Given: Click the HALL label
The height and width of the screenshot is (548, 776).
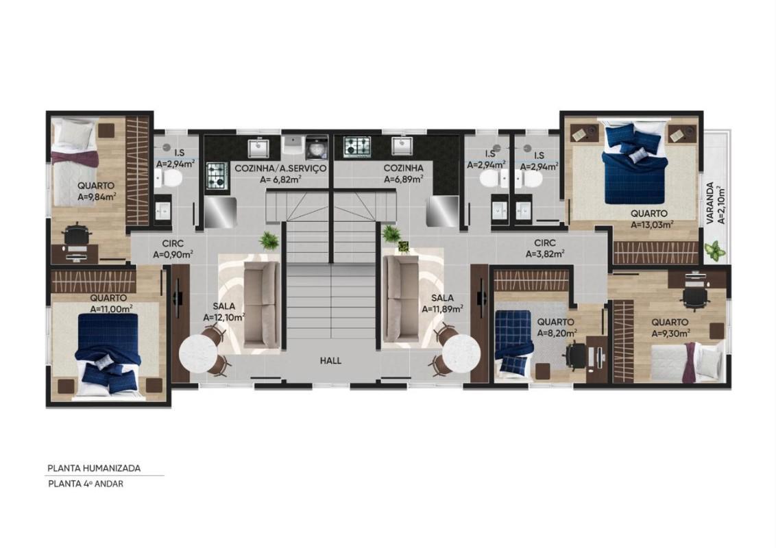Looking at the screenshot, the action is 330,360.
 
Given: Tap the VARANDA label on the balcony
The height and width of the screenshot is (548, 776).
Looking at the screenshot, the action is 710,203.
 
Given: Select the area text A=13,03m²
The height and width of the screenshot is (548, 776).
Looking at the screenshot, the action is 652,224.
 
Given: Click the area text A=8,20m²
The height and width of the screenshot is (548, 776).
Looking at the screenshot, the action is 557,333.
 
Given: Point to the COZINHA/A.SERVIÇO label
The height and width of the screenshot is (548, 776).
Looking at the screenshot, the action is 280,168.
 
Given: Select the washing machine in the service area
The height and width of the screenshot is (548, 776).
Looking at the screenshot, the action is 316,147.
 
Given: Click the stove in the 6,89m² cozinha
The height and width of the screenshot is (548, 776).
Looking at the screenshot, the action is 357,147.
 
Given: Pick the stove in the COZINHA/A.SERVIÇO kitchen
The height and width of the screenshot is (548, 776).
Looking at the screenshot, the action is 217,176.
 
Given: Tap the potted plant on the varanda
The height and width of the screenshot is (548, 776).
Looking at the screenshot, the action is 714,250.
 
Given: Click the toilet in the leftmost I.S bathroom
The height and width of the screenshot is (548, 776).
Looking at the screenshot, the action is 168,178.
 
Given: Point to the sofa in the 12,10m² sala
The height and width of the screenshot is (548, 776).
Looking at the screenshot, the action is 263,303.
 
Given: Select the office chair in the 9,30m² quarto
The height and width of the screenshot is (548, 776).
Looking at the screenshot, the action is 694,297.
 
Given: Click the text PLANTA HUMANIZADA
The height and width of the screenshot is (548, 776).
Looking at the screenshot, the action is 94,468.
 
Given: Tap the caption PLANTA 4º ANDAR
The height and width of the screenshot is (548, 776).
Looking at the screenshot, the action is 86,484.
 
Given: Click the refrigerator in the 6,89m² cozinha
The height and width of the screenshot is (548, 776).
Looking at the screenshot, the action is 442,212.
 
